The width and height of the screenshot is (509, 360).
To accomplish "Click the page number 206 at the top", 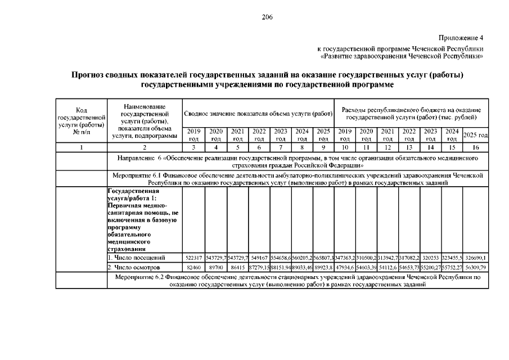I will coord(267,17).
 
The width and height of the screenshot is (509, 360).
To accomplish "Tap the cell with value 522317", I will coord(193,257).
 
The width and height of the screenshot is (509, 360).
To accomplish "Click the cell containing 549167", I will coord(259,257).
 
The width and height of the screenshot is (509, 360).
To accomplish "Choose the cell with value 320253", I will coord(430,257).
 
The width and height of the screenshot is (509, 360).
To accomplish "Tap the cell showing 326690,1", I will coord(476,257).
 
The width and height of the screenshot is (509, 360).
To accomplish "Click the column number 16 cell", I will coord(475,147).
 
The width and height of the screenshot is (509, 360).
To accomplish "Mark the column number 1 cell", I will coord(81,147).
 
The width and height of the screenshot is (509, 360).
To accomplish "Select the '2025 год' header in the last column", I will coord(475,136).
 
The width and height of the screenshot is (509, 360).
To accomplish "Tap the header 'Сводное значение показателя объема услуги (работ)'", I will coord(258,114).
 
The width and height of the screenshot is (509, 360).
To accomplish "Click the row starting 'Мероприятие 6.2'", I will coord(298,281).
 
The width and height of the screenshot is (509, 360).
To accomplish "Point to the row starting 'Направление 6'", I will coord(298,162).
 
